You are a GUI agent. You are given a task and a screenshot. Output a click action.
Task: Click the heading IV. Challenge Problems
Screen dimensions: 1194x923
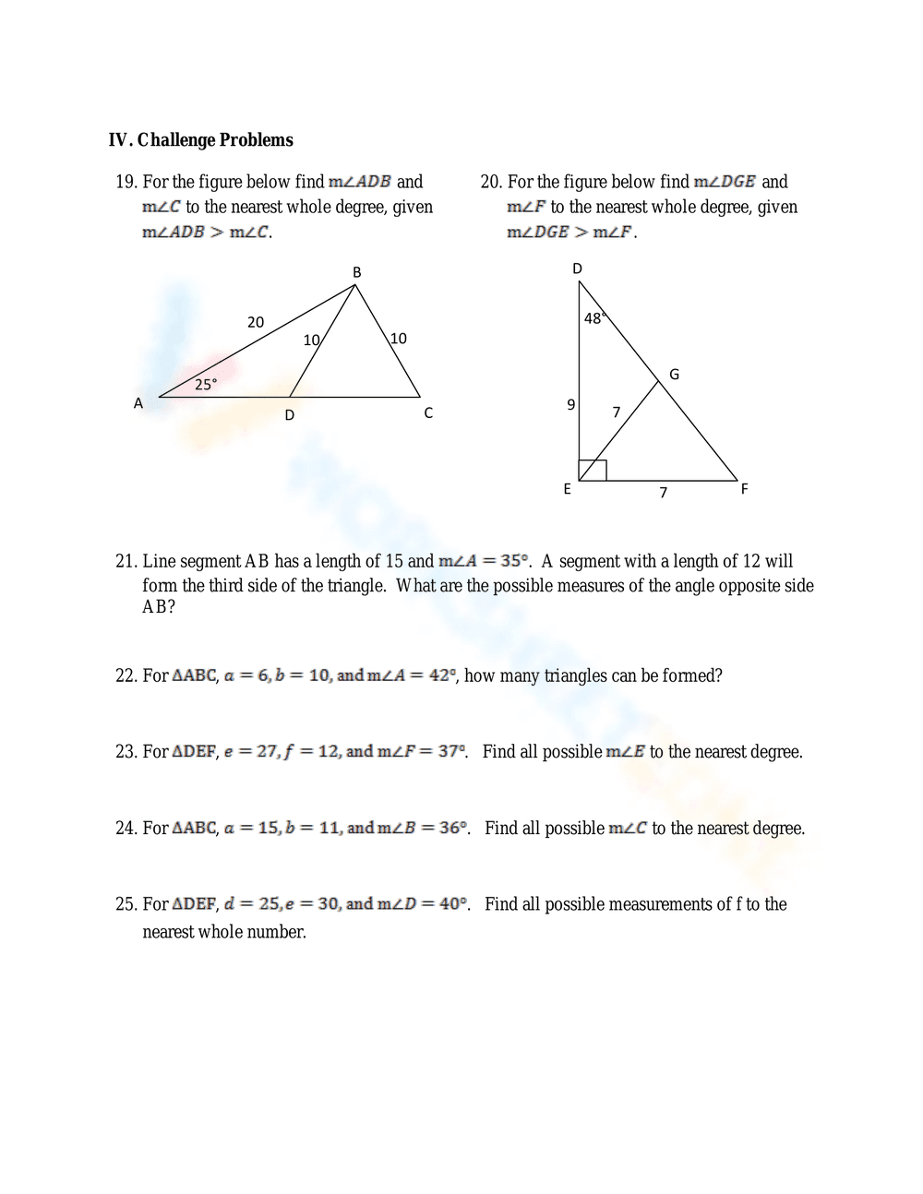coord(200,140)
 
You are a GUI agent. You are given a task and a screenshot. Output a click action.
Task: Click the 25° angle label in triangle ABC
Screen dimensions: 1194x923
coord(206,385)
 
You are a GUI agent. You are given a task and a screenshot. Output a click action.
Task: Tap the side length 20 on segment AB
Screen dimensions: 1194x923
coord(256,322)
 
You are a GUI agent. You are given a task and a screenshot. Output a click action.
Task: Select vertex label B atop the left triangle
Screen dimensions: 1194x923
coord(357,272)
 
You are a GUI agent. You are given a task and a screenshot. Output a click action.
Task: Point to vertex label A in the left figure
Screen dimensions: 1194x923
coord(138,403)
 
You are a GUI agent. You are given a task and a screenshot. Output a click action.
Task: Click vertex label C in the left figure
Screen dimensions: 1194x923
coord(428,413)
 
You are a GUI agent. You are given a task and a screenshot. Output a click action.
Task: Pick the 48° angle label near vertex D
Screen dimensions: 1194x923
coord(593,318)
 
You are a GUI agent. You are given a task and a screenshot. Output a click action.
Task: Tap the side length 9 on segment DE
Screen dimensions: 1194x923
coord(570,404)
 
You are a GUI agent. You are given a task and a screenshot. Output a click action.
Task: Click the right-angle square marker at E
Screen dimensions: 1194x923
coord(593,470)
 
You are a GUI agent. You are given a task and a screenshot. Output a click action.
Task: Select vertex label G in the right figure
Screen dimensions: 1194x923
coord(674,375)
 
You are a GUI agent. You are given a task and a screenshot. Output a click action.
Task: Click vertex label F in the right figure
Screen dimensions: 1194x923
coord(744,489)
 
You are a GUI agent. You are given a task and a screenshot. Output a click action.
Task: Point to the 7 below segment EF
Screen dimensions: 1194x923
coord(663,493)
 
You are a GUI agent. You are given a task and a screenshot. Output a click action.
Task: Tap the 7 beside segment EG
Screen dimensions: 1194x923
coord(617,412)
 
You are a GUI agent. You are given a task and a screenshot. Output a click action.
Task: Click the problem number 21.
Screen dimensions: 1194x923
coord(126,561)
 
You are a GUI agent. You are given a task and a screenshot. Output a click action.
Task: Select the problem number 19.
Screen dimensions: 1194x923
coord(126,182)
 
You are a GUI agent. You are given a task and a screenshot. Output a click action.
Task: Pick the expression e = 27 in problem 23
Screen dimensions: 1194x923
coord(249,752)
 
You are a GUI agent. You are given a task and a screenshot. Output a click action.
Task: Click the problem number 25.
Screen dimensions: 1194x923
coord(126,904)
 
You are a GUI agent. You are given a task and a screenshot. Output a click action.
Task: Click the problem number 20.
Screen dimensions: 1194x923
coord(491,182)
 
